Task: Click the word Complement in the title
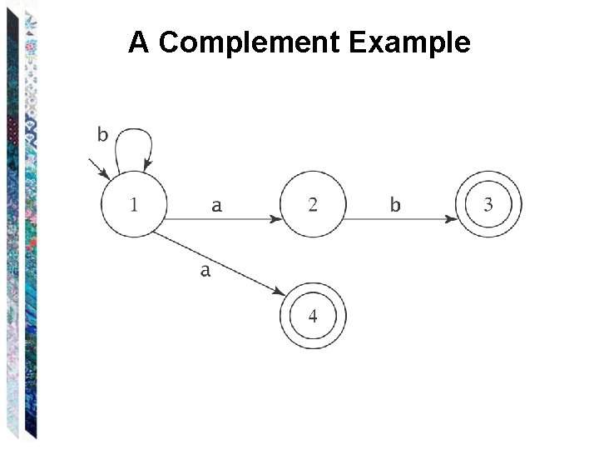tap(250, 42)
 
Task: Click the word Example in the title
tap(410, 42)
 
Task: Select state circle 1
tap(133, 204)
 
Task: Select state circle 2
tap(313, 204)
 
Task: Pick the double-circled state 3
tap(488, 204)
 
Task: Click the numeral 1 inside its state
tap(133, 204)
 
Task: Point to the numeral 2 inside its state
tap(313, 204)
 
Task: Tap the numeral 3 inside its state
tap(488, 204)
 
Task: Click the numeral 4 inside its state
tap(313, 316)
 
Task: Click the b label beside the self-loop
tap(102, 133)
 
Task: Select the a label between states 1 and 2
tap(216, 205)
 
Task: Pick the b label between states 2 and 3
tap(395, 204)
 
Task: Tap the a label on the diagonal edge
tap(205, 270)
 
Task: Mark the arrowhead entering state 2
tap(275, 219)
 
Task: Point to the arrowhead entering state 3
tap(452, 219)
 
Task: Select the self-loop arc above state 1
tap(134, 133)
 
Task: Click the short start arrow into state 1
tap(101, 170)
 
